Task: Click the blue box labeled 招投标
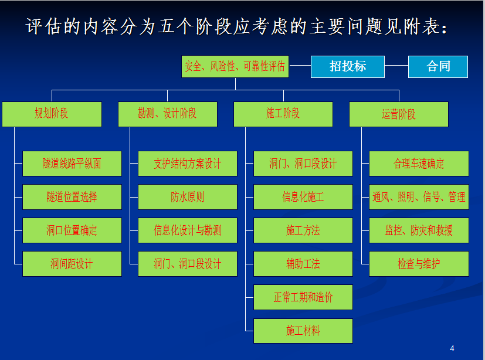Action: (x=348, y=67)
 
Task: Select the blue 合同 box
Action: (x=438, y=67)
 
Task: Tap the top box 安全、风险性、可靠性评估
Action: (x=235, y=66)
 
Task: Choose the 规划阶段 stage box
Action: (x=52, y=114)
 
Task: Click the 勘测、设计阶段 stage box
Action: (x=168, y=114)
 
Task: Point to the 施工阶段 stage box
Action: (x=283, y=114)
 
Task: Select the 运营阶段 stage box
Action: (x=399, y=114)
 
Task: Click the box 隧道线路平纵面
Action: (x=72, y=164)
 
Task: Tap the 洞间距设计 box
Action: (x=72, y=264)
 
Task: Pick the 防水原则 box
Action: (x=188, y=197)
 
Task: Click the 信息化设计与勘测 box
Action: (x=188, y=230)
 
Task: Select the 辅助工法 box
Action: (x=303, y=264)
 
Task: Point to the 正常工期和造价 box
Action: (x=303, y=297)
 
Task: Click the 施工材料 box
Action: (x=303, y=331)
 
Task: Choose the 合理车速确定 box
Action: (x=419, y=164)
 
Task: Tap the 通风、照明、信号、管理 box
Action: (x=419, y=197)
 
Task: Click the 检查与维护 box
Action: (x=419, y=264)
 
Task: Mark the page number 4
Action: (x=452, y=348)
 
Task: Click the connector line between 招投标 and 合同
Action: (x=396, y=65)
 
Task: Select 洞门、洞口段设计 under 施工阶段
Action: (x=303, y=164)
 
